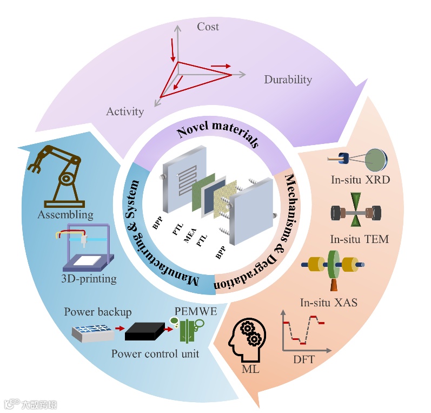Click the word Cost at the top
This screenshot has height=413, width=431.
point(208,26)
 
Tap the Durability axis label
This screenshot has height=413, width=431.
point(288,80)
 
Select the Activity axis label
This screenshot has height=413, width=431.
point(125,112)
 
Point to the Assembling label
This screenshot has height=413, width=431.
point(65,215)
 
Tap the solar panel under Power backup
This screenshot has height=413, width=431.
point(93,331)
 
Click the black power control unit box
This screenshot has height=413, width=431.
point(144,330)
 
